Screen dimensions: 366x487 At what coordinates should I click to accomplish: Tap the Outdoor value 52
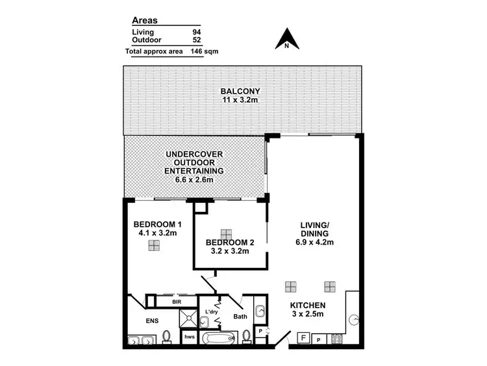point(197,39)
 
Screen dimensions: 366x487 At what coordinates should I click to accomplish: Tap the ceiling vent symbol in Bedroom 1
point(154,245)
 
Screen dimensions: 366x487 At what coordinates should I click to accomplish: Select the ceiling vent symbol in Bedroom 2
point(227,233)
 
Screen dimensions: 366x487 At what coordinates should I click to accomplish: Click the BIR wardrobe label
point(176,302)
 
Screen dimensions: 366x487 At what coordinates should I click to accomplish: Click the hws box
point(189,337)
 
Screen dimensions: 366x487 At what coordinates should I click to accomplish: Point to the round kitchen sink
point(355,319)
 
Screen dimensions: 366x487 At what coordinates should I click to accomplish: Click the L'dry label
point(212,313)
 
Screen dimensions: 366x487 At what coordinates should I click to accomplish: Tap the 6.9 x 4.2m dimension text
point(316,242)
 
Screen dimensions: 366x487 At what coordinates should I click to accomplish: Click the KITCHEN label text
point(308,306)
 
